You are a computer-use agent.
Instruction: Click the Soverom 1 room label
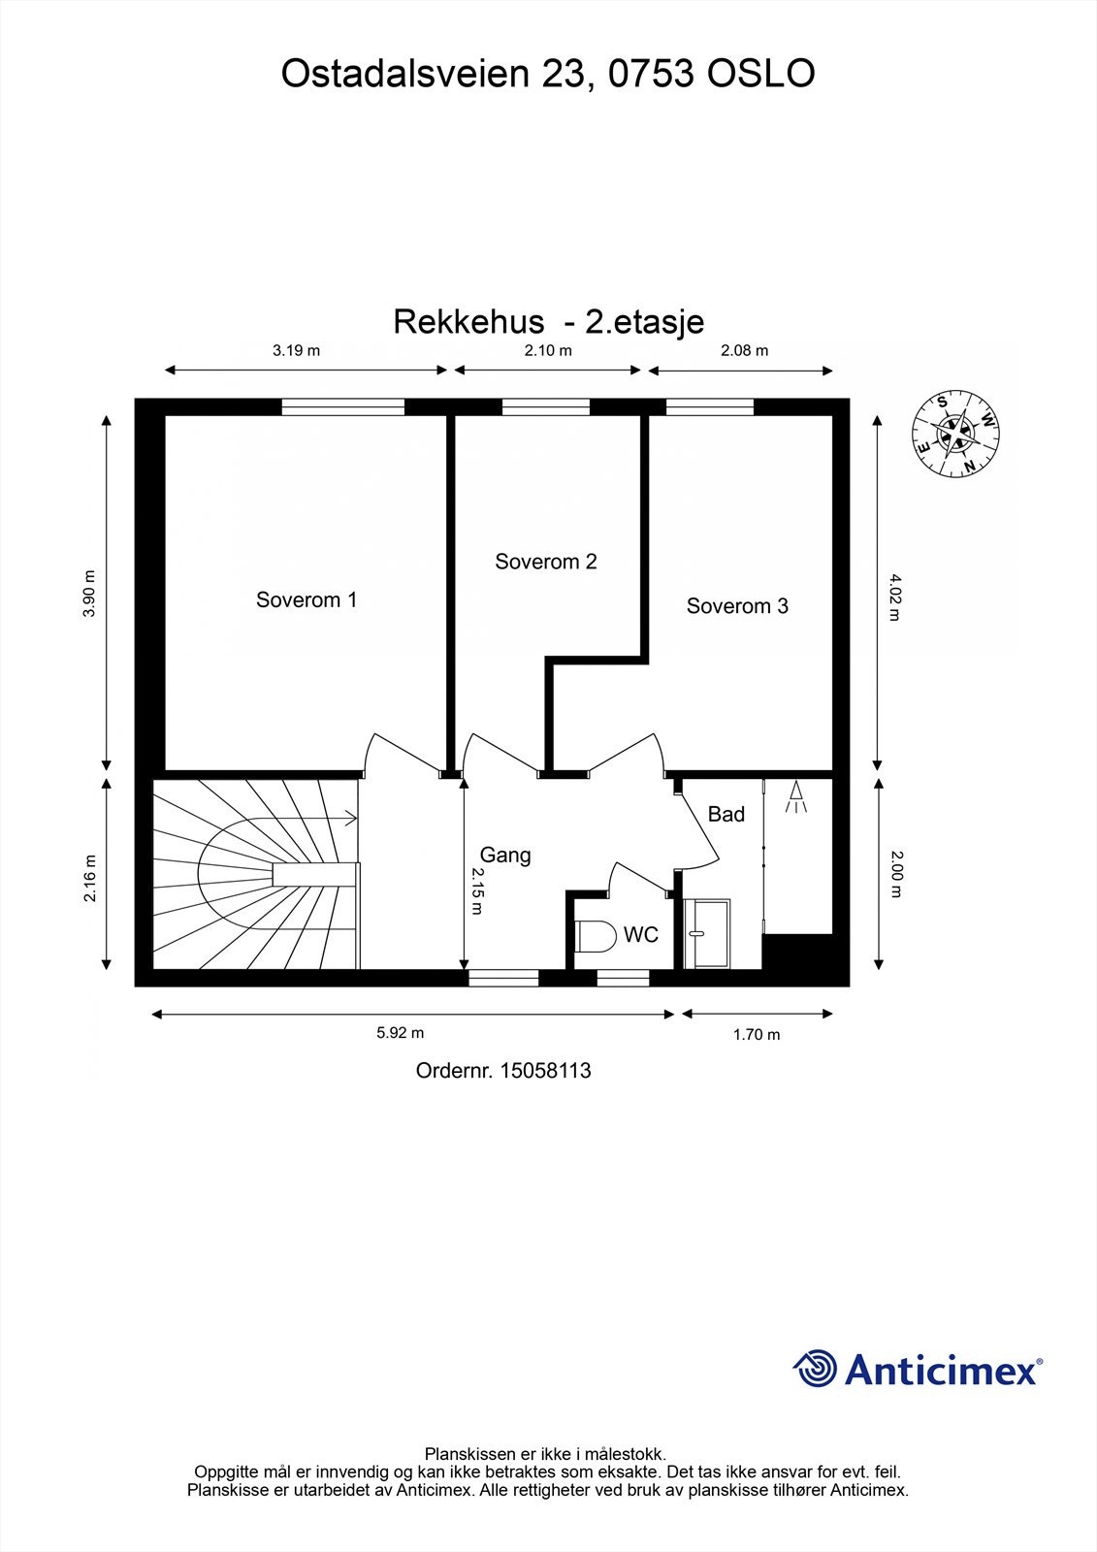point(307,599)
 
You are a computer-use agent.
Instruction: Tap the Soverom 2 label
point(545,562)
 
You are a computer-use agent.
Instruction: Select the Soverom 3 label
point(737,606)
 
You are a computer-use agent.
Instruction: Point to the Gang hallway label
point(505,855)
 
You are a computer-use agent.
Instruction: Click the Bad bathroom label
point(726,814)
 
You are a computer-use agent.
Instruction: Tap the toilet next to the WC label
point(596,936)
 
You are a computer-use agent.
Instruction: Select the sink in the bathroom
point(707,932)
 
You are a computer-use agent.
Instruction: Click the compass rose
point(956,436)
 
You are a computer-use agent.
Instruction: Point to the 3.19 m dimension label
point(296,350)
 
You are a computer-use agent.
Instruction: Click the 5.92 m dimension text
point(401,1033)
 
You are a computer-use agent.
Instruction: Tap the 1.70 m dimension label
point(757,1034)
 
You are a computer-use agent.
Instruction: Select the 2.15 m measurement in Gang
point(477,890)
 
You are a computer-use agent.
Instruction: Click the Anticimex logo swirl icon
point(815,1369)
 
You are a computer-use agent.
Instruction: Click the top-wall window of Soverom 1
point(343,407)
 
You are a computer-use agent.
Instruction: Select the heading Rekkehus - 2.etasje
point(548,321)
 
